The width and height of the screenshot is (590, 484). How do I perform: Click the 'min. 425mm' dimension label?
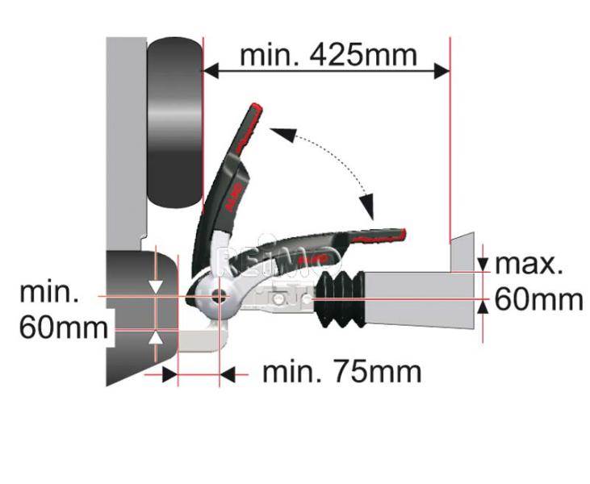coord(328,56)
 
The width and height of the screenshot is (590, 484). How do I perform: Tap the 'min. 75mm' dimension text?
coord(341,372)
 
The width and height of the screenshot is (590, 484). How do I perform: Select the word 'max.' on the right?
coord(529,265)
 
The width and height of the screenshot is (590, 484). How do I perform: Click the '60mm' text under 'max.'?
coord(538,300)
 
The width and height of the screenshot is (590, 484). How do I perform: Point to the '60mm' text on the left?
coord(64,328)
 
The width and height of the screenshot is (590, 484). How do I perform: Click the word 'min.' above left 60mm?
coord(49,292)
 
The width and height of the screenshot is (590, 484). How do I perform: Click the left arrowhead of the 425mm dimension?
coord(211,71)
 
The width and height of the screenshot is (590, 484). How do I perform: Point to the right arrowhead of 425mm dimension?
coord(441,71)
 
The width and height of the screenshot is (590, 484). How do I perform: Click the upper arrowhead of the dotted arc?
coord(282,134)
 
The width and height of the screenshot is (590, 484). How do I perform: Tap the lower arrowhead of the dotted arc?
coord(367,207)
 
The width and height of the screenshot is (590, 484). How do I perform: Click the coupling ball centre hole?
coord(218,296)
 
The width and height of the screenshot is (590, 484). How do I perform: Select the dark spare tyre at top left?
coord(174,123)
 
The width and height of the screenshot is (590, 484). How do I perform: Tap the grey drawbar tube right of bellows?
coord(419,299)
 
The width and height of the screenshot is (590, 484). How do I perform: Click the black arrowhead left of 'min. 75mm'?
coord(170,374)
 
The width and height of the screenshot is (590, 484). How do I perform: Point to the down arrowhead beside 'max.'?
coord(483,264)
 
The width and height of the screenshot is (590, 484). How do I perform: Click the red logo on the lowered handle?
coord(312,259)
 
